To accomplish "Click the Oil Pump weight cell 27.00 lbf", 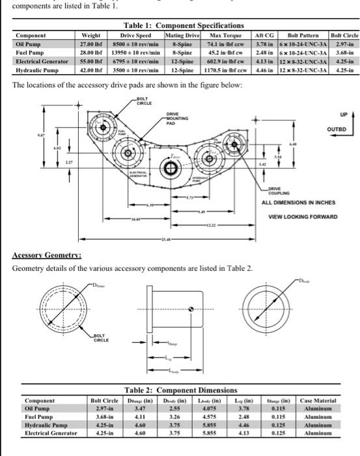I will click(88, 44).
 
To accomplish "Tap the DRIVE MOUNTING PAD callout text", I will click(177, 119).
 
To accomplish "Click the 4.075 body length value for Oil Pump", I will click(220, 408).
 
